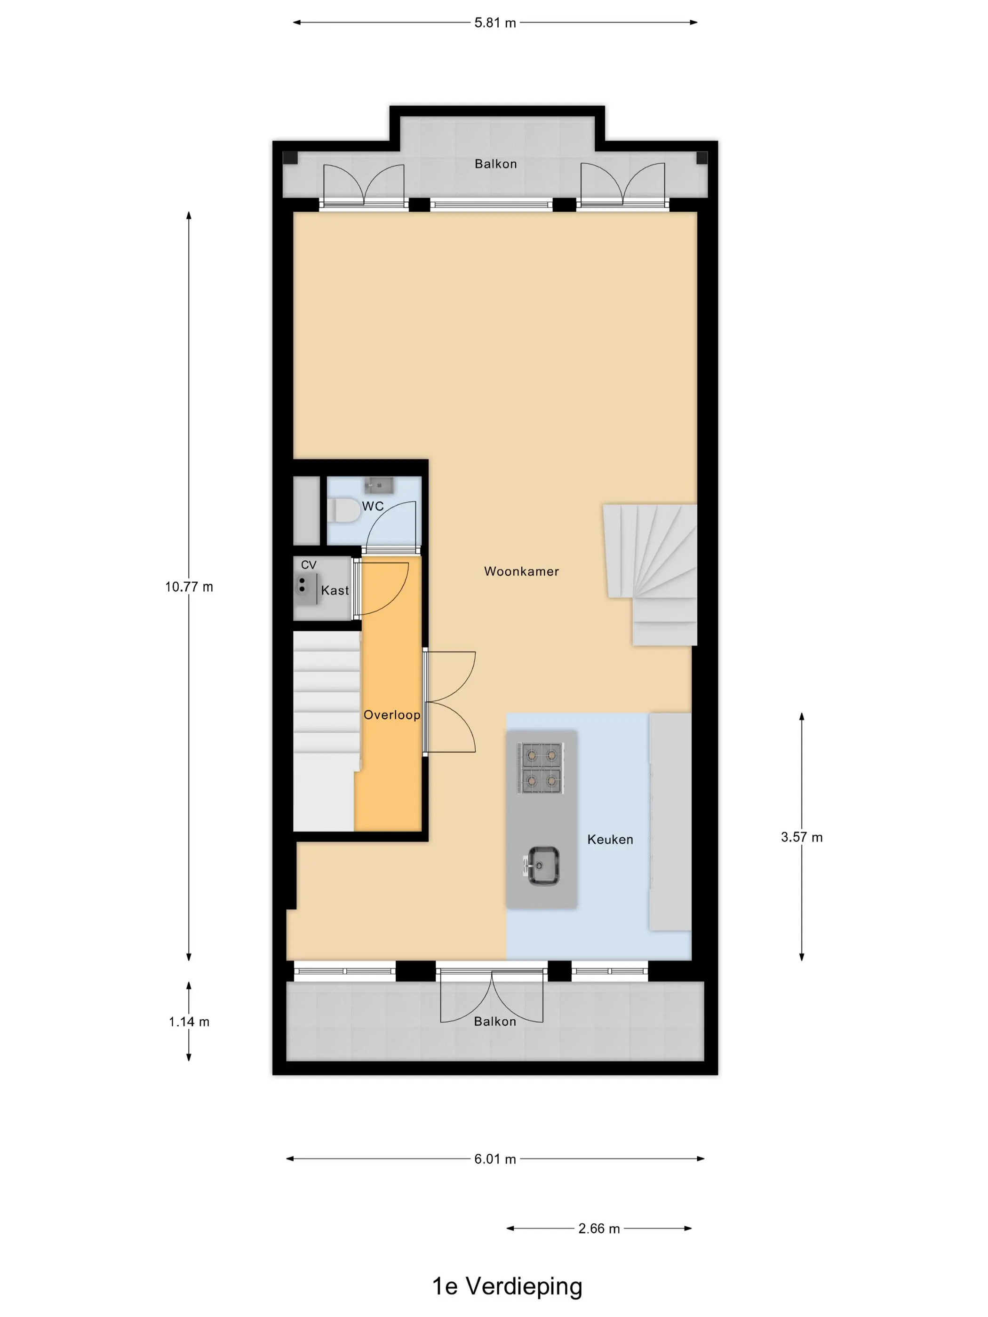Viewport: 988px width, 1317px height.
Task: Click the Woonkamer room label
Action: (521, 571)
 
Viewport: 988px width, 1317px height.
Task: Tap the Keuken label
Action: (610, 840)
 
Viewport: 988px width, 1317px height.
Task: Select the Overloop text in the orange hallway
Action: (391, 715)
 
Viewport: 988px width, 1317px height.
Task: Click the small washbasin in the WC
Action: (379, 485)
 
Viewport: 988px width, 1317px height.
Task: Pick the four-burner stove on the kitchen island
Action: (540, 768)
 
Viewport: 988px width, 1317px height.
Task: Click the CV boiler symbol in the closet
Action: (304, 586)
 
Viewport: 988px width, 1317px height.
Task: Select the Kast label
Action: (335, 591)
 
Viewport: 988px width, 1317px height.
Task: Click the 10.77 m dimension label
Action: (189, 587)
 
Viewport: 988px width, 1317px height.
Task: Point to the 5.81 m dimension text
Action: (495, 23)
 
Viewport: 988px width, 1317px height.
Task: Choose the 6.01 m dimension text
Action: (495, 1159)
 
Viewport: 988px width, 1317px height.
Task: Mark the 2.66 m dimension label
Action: (599, 1228)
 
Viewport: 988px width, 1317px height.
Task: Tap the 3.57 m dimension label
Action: (802, 837)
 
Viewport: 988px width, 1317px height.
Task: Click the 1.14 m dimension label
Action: (189, 1022)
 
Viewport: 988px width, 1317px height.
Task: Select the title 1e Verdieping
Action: (507, 1286)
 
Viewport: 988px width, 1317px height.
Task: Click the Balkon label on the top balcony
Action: (495, 164)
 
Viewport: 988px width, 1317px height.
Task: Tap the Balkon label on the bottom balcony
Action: (495, 1022)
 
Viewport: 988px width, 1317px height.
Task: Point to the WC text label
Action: (373, 506)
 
